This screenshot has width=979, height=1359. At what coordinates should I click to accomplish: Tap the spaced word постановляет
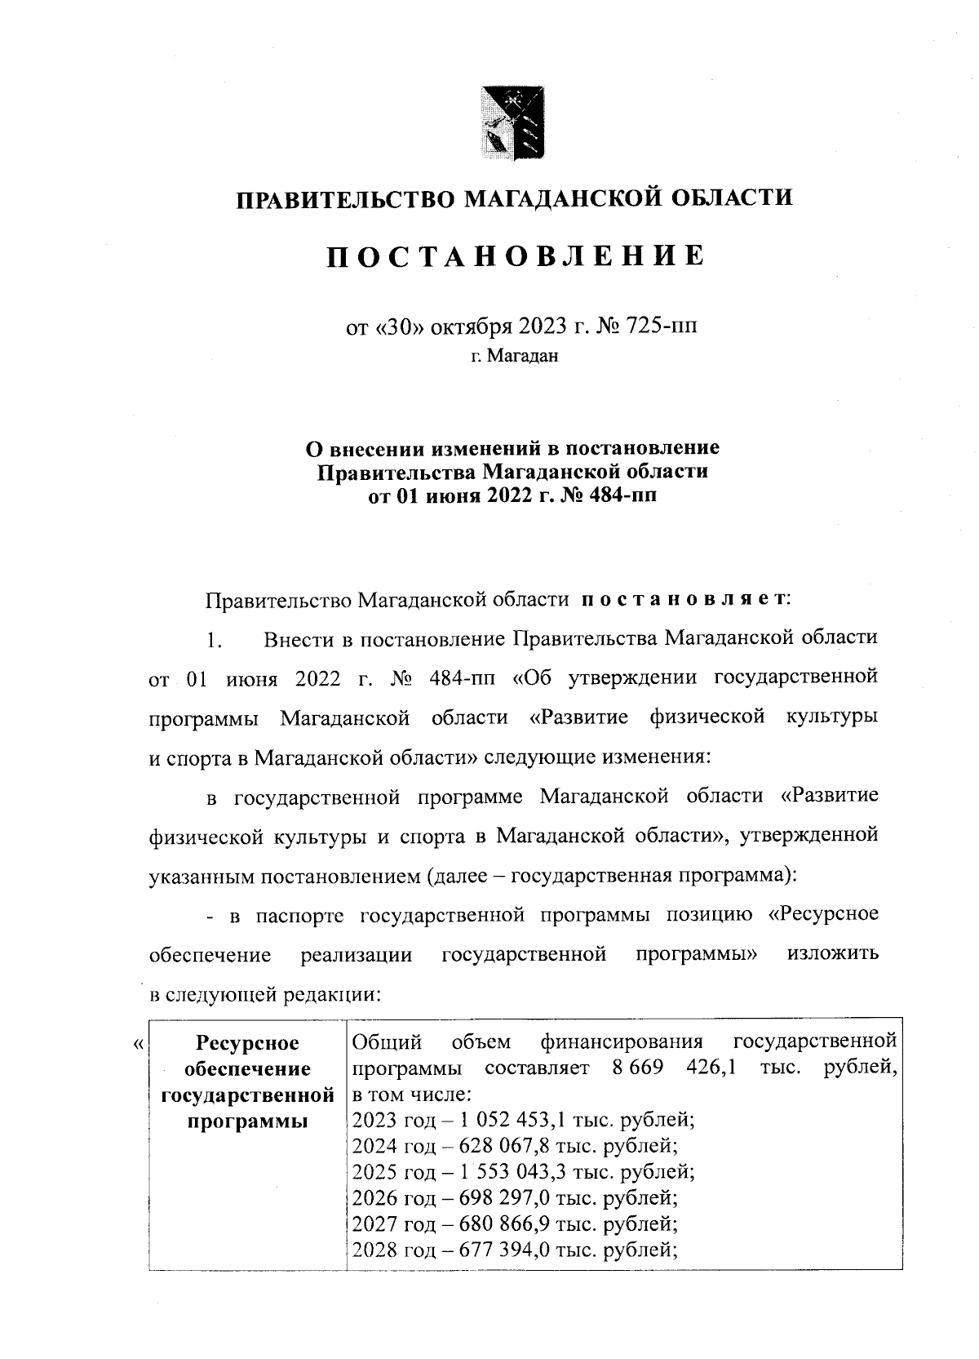click(x=684, y=599)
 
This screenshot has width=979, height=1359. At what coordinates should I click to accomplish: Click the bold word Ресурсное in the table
click(x=248, y=1043)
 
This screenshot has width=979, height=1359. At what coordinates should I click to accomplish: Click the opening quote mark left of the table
click(x=138, y=1044)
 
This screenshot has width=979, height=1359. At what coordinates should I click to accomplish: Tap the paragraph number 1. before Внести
click(x=214, y=640)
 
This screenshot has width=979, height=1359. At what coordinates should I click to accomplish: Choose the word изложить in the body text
click(x=833, y=954)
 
